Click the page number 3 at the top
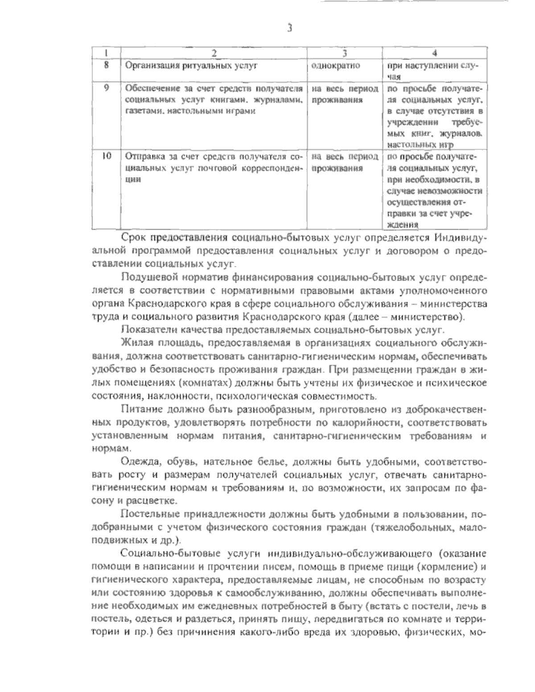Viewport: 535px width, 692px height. pyautogui.click(x=289, y=29)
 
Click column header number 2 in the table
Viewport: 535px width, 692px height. pyautogui.click(x=214, y=53)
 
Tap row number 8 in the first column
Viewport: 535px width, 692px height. pyautogui.click(x=107, y=65)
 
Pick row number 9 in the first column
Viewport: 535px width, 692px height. pyautogui.click(x=107, y=87)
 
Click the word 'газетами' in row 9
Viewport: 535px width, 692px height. pyautogui.click(x=140, y=111)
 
